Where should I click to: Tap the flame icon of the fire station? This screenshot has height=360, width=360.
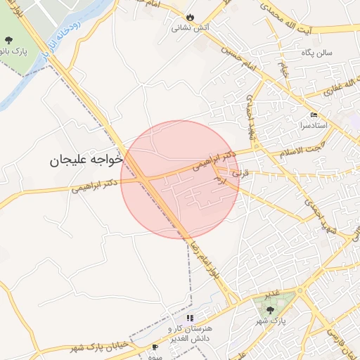(x=190, y=18)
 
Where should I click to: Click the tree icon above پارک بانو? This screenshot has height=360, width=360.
(x=8, y=40)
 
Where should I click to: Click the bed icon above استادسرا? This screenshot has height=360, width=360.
(x=314, y=115)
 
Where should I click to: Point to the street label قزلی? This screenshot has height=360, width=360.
(x=241, y=170)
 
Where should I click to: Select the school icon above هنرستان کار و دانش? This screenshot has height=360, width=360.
(x=189, y=318)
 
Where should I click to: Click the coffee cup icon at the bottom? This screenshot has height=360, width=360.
(x=155, y=347)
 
